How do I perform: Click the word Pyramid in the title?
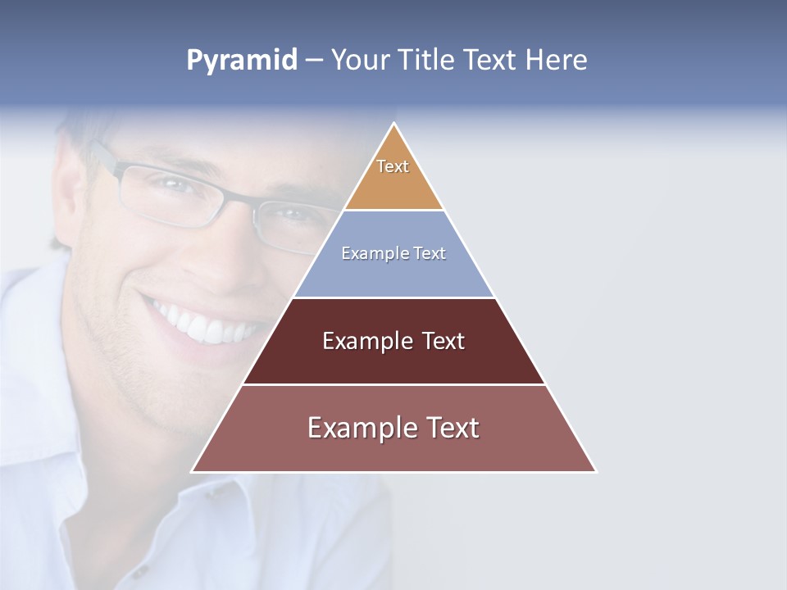click(242, 61)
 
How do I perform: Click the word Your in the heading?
click(361, 60)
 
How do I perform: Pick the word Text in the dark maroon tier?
click(443, 341)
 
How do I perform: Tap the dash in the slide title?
click(314, 61)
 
